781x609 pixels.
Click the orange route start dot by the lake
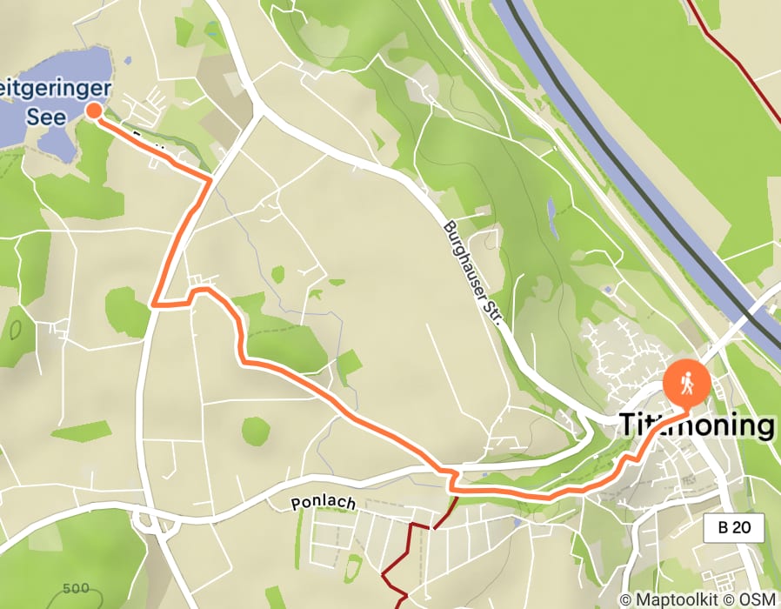pyautogui.click(x=94, y=110)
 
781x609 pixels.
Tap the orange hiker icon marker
pyautogui.click(x=687, y=383)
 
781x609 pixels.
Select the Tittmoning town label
pyautogui.click(x=696, y=425)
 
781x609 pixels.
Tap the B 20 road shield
pyautogui.click(x=734, y=527)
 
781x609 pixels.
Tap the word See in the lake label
pyautogui.click(x=46, y=117)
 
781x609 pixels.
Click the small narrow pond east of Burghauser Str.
pyautogui.click(x=551, y=217)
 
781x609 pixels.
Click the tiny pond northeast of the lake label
pyautogui.click(x=128, y=62)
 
